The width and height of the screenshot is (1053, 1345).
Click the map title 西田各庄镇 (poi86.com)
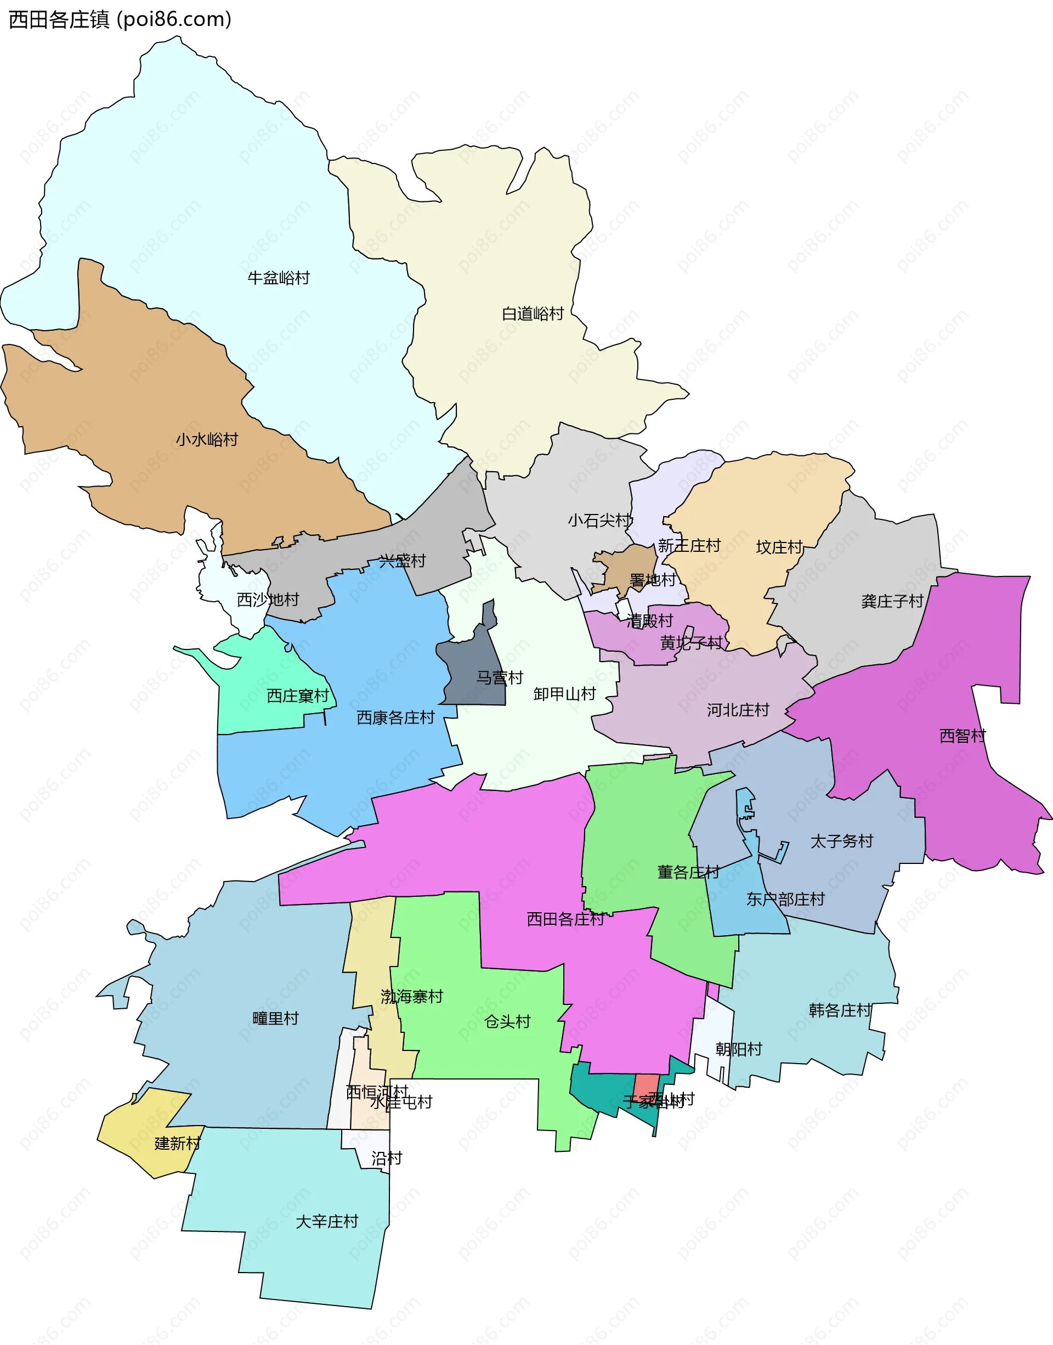pyautogui.click(x=120, y=20)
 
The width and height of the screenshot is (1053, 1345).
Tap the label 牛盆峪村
pyautogui.click(x=278, y=278)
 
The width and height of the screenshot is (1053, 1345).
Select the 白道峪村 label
pyautogui.click(x=533, y=314)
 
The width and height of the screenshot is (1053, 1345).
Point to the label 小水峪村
pyautogui.click(x=207, y=440)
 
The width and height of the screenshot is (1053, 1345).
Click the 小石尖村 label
pyautogui.click(x=599, y=521)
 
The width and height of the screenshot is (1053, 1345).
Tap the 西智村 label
pyautogui.click(x=962, y=736)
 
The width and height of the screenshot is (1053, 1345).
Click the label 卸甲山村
pyautogui.click(x=564, y=694)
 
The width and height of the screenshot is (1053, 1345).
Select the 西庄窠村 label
pyautogui.click(x=298, y=696)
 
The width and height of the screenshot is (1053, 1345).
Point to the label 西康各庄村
pyautogui.click(x=395, y=717)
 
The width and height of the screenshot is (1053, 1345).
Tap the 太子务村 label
pyautogui.click(x=841, y=841)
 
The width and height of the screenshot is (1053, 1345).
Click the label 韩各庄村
pyautogui.click(x=840, y=1010)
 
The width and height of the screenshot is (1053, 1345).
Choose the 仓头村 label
pyautogui.click(x=507, y=1022)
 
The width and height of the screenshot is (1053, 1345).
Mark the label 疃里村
pyautogui.click(x=275, y=1018)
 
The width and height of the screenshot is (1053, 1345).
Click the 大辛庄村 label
pyautogui.click(x=327, y=1222)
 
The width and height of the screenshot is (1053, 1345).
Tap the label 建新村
pyautogui.click(x=177, y=1143)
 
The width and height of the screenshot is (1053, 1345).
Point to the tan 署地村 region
pyautogui.click(x=629, y=564)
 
